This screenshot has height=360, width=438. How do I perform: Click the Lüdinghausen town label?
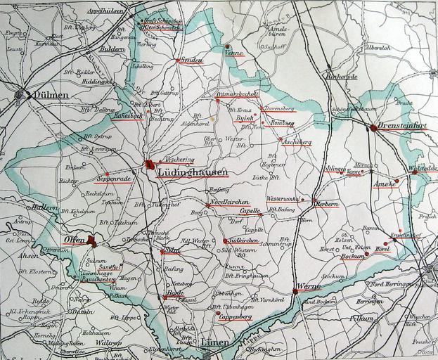click(187, 172)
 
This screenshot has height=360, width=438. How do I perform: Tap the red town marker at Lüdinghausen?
click(148, 165)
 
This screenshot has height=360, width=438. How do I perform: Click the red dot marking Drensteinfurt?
click(372, 127)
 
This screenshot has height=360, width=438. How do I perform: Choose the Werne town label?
click(309, 287)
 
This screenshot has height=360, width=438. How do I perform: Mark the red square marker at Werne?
click(294, 290)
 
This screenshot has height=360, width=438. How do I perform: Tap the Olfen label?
click(75, 240)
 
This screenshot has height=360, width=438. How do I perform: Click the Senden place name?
click(191, 60)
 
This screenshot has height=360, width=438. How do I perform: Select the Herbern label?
click(326, 204)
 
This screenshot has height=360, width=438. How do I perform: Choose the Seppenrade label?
click(115, 179)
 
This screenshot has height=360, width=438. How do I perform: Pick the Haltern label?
click(44, 207)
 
